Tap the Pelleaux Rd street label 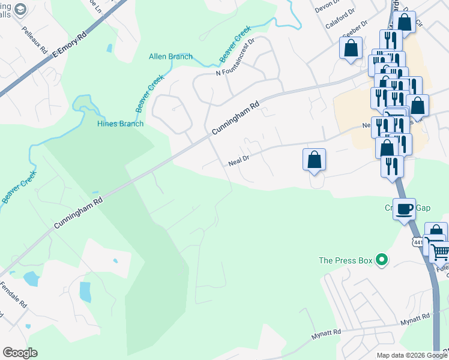(x=35, y=40)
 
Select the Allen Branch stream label (x=170, y=57)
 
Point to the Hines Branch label (x=121, y=124)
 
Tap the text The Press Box (x=345, y=260)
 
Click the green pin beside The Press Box (x=381, y=260)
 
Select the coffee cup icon (x=405, y=208)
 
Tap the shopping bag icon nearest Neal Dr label (x=314, y=160)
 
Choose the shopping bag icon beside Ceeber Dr (x=351, y=47)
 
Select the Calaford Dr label (x=340, y=25)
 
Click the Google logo (x=19, y=353)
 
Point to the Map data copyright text (x=411, y=355)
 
